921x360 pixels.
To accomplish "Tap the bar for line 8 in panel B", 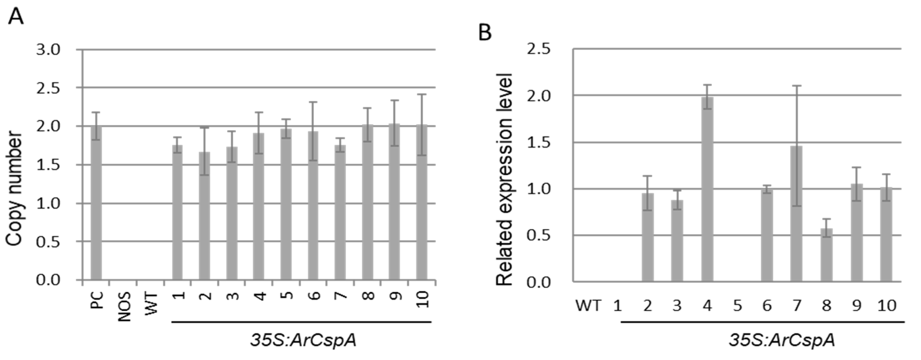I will pyautogui.click(x=826, y=256).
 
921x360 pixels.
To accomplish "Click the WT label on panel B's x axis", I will pyautogui.click(x=588, y=306).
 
